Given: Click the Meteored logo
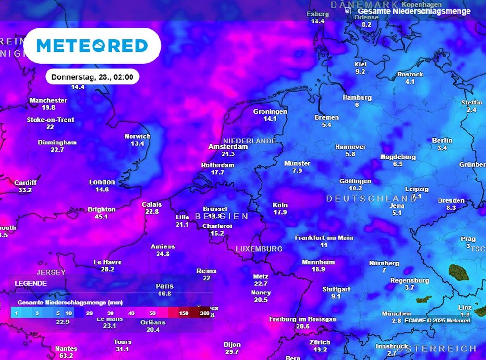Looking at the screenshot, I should tap(92, 46).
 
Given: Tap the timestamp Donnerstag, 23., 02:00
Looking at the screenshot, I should tap(92, 76).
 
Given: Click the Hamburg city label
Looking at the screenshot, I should tap(357, 97).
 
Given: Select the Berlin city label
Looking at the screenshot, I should tap(442, 141).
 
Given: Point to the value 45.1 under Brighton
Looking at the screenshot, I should tap(102, 217).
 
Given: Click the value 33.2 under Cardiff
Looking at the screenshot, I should tap(25, 190).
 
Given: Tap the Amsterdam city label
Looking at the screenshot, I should tap(228, 147).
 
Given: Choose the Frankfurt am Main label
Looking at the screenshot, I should tap(324, 237).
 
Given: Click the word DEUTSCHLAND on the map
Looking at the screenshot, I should tap(371, 199).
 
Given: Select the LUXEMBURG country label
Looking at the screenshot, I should tap(259, 249).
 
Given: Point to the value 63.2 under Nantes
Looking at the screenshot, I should tap(66, 355).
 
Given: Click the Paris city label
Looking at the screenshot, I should tap(164, 286).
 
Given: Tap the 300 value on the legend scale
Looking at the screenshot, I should tap(205, 313).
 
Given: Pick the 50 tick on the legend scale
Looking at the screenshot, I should tap(152, 313).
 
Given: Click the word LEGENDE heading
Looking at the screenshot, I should tap(30, 283).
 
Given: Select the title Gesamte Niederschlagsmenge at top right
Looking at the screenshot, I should tap(414, 11).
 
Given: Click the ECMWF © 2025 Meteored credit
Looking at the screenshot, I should tap(437, 321).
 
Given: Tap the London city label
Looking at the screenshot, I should tap(102, 182).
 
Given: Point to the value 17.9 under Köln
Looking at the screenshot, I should tap(280, 212).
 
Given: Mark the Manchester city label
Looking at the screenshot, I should tap(48, 100).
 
